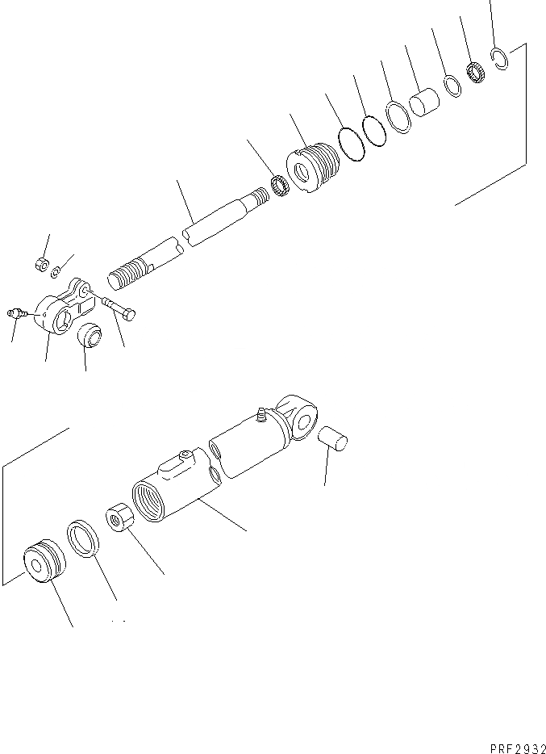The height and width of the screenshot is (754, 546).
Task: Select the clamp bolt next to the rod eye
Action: pyautogui.click(x=119, y=307)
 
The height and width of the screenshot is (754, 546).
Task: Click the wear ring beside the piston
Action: pyautogui.click(x=83, y=538)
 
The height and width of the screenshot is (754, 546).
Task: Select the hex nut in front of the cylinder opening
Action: pyautogui.click(x=118, y=518)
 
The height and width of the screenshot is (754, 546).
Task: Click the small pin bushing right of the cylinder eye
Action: pyautogui.click(x=332, y=441)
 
